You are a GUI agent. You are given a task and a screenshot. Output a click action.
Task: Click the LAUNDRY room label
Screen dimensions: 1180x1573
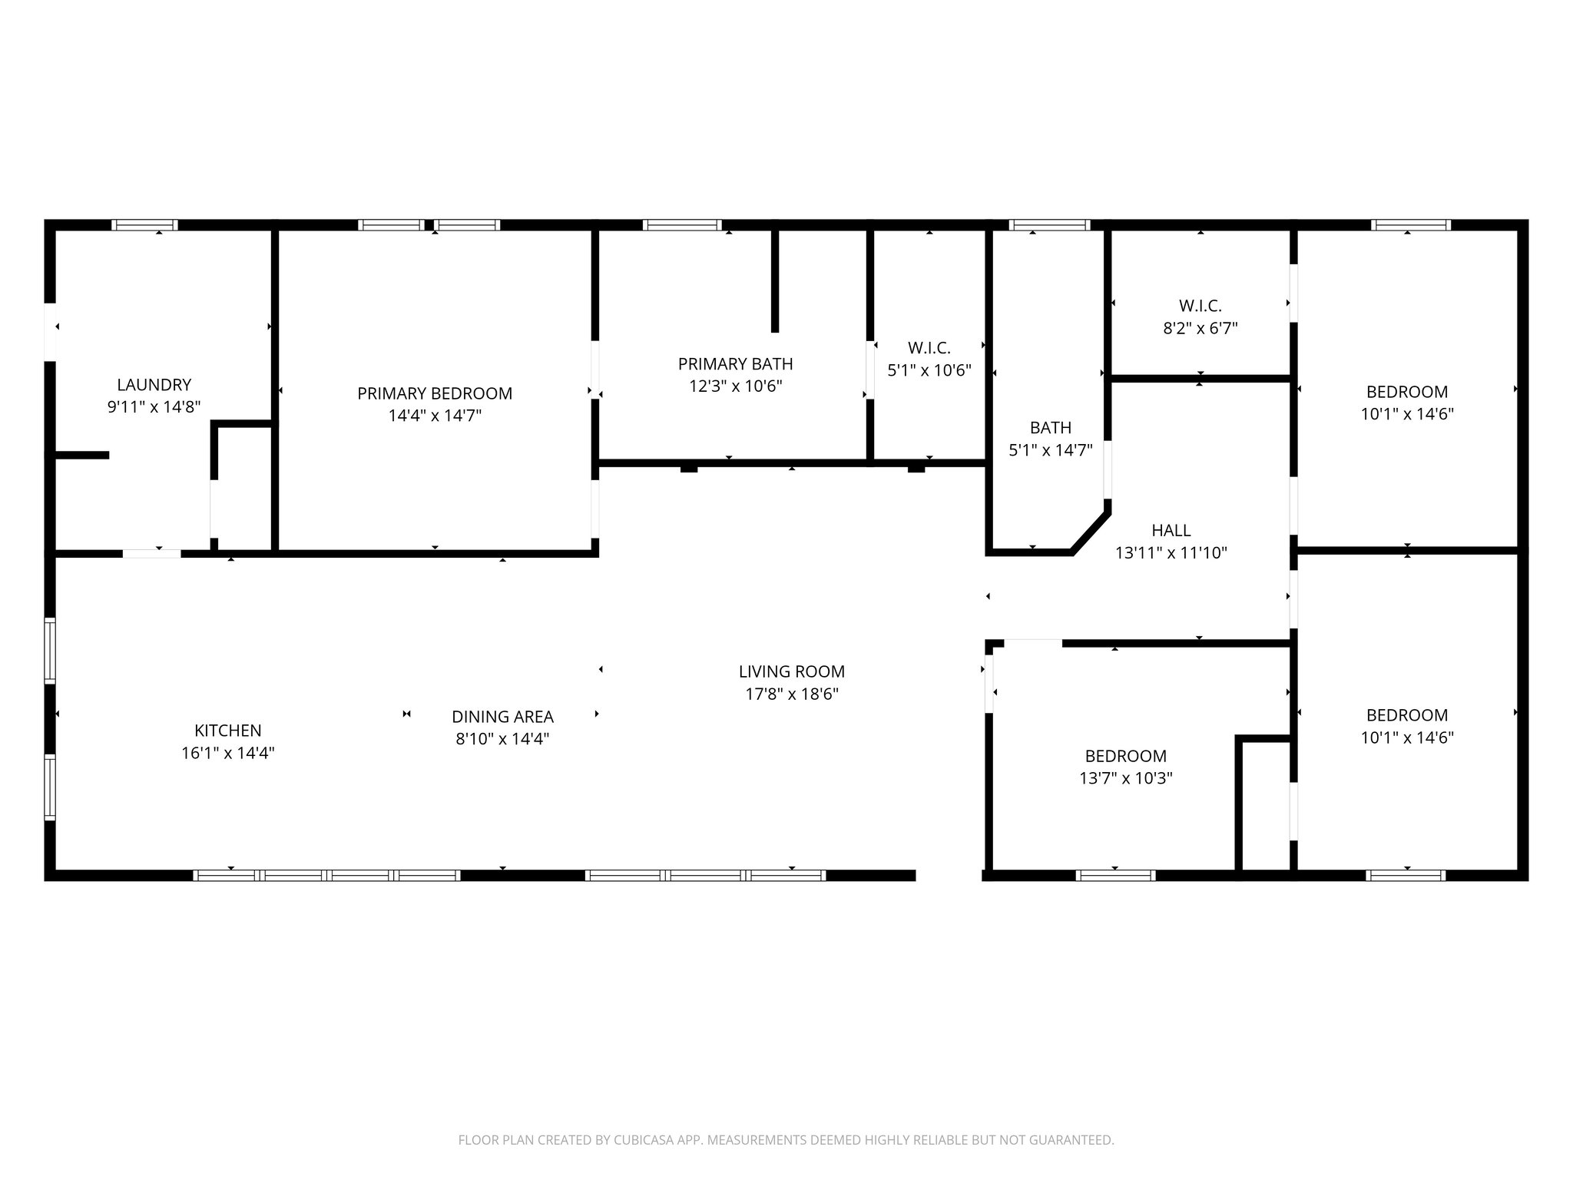point(154,385)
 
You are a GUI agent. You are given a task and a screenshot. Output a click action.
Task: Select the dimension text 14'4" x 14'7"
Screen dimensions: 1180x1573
point(435,416)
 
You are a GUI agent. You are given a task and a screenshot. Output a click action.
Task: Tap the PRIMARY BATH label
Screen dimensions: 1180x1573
point(735,363)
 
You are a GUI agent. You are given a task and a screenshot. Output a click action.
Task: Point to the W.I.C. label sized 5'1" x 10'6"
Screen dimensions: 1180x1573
point(929,348)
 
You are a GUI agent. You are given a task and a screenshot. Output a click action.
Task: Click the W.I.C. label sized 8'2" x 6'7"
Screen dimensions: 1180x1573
point(1200,306)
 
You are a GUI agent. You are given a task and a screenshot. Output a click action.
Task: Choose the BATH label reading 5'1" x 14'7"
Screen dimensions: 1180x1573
point(1050,428)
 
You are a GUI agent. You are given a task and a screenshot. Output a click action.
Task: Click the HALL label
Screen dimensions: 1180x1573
point(1171,530)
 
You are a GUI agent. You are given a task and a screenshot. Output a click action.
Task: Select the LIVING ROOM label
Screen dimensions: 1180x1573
point(791,671)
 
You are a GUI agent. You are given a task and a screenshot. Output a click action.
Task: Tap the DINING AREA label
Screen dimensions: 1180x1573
point(502,717)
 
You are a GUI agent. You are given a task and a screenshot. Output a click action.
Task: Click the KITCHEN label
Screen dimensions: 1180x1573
point(227,731)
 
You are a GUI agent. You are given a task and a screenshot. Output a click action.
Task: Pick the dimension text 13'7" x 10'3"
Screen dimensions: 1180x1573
point(1125,778)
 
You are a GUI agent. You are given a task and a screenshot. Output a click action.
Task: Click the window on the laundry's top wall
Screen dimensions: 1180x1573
point(144,225)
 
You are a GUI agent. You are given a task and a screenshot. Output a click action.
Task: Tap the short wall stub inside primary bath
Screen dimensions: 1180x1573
point(774,280)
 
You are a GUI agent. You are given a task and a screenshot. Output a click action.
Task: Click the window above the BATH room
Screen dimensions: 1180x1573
point(1049,225)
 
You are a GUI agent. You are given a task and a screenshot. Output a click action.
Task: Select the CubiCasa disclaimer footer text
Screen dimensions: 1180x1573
point(786,1140)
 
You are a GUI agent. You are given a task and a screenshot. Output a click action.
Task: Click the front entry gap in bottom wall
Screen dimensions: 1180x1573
point(949,874)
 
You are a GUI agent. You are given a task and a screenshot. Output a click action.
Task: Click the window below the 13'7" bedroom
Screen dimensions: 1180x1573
point(1115,874)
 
